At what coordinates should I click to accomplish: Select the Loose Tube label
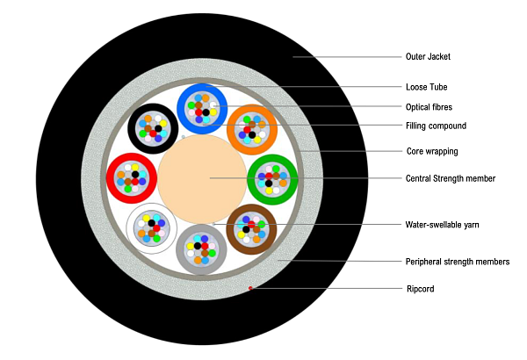coord(426,88)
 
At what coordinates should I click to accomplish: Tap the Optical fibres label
coord(430,107)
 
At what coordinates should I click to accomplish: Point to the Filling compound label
coord(435,126)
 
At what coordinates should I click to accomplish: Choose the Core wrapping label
coord(431,151)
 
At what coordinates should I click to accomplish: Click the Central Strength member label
coord(451,178)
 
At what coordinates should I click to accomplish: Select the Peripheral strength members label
coord(457,262)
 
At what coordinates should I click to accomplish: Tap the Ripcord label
coord(420,288)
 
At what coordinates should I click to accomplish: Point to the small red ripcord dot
coord(250,287)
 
